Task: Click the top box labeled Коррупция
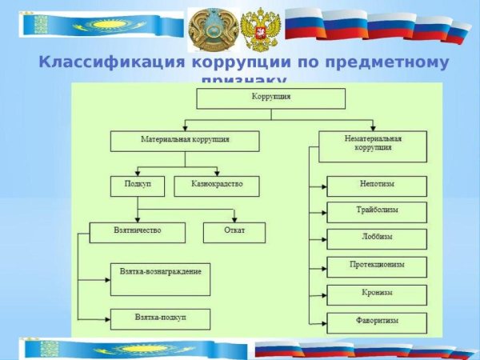(270, 98)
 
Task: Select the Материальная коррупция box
(185, 141)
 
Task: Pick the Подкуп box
(137, 186)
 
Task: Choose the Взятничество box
(137, 232)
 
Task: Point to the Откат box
(234, 232)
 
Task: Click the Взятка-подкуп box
(160, 318)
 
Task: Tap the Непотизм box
(377, 186)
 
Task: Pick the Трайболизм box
(377, 212)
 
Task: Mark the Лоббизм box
(377, 238)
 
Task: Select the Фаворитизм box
(377, 322)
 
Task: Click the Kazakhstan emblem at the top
(208, 30)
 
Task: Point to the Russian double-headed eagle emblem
(258, 30)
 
